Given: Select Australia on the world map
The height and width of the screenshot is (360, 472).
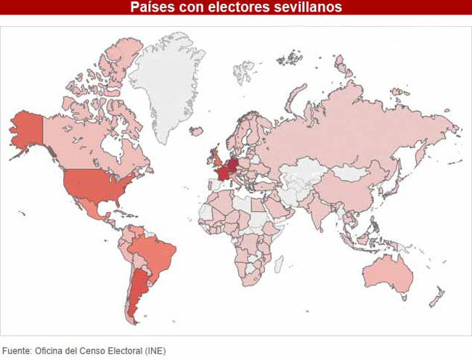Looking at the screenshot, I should coord(388,272).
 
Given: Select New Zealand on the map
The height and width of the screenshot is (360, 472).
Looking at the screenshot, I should coord(437,298).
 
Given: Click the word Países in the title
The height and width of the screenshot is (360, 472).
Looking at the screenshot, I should coord(151,7).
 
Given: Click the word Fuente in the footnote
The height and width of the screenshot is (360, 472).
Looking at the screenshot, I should coord(16,351).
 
